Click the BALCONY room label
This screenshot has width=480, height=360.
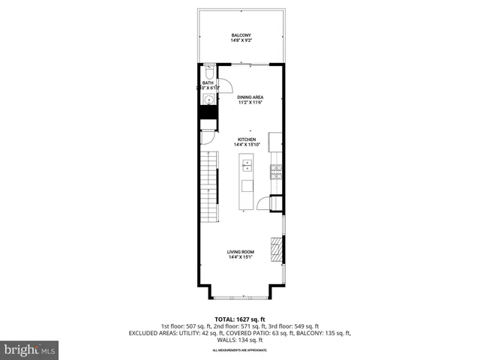(240, 34)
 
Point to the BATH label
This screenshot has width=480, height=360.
(207, 82)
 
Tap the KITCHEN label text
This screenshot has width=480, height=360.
(247, 139)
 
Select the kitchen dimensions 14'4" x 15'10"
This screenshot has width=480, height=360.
(247, 145)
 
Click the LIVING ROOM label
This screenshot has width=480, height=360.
(241, 252)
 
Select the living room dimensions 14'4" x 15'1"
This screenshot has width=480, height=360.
(241, 258)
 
